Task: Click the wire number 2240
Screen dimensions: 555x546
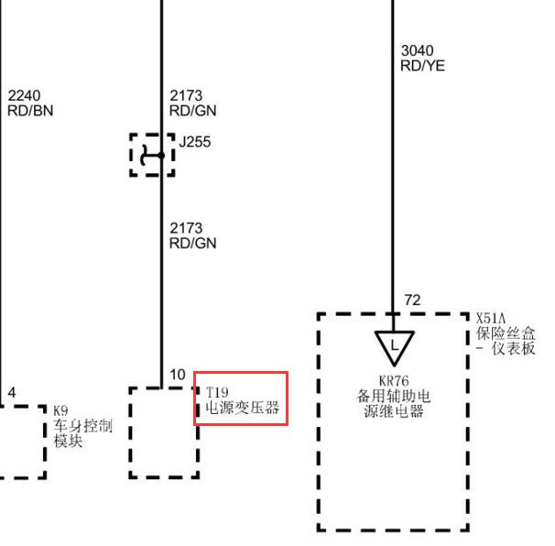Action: point(24,95)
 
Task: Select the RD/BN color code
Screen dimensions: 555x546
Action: point(30,111)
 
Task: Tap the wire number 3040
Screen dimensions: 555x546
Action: point(418,50)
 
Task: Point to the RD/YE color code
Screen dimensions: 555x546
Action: point(422,66)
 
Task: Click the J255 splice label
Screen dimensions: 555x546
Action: point(195,142)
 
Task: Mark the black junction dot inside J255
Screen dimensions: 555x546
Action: point(161,156)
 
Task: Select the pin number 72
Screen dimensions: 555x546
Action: point(413,300)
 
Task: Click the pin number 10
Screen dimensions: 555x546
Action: point(178,375)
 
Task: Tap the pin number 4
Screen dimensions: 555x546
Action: point(12,393)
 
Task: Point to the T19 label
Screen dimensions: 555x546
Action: point(217,392)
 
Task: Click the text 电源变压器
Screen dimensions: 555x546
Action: point(243,408)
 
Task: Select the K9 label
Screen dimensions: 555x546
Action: point(60,411)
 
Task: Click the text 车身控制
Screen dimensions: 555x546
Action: point(83,426)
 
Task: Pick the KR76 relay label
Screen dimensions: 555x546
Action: point(394,381)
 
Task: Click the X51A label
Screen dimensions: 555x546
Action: point(491,318)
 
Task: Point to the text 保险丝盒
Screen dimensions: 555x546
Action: point(506,333)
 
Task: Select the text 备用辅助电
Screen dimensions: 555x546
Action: point(394,397)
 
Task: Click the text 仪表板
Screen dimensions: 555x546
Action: point(513,349)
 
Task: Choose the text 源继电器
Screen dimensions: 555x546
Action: point(394,411)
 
